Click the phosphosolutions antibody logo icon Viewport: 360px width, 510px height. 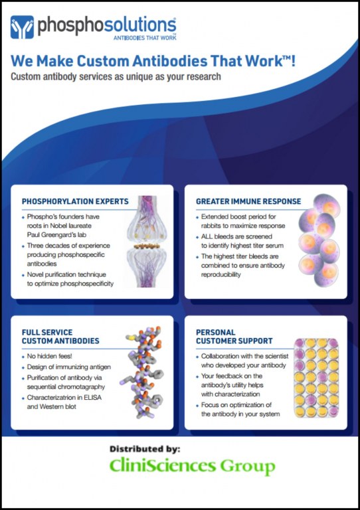point(22,27)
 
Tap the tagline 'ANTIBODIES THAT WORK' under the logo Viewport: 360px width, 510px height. point(145,38)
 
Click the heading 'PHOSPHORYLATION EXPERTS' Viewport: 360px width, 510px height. point(75,202)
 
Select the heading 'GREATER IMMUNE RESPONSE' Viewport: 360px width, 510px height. point(248,202)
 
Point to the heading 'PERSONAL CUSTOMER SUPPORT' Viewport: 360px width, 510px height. point(234,337)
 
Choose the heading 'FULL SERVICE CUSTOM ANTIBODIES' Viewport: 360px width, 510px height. point(60,337)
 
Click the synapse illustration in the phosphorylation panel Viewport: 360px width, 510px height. point(147,241)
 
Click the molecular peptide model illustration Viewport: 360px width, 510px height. point(141,372)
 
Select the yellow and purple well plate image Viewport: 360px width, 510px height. point(316,378)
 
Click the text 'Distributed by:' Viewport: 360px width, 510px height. point(145,449)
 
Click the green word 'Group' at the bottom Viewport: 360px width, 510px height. point(248,466)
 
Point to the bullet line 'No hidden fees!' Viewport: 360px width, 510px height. point(49,356)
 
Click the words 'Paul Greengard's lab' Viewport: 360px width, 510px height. point(56,235)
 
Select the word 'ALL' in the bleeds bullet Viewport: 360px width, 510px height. point(207,236)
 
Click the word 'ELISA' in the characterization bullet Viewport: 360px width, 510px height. point(93,398)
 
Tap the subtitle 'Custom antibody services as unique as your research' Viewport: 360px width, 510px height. point(116,77)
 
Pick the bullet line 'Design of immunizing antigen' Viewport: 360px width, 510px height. point(68,367)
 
